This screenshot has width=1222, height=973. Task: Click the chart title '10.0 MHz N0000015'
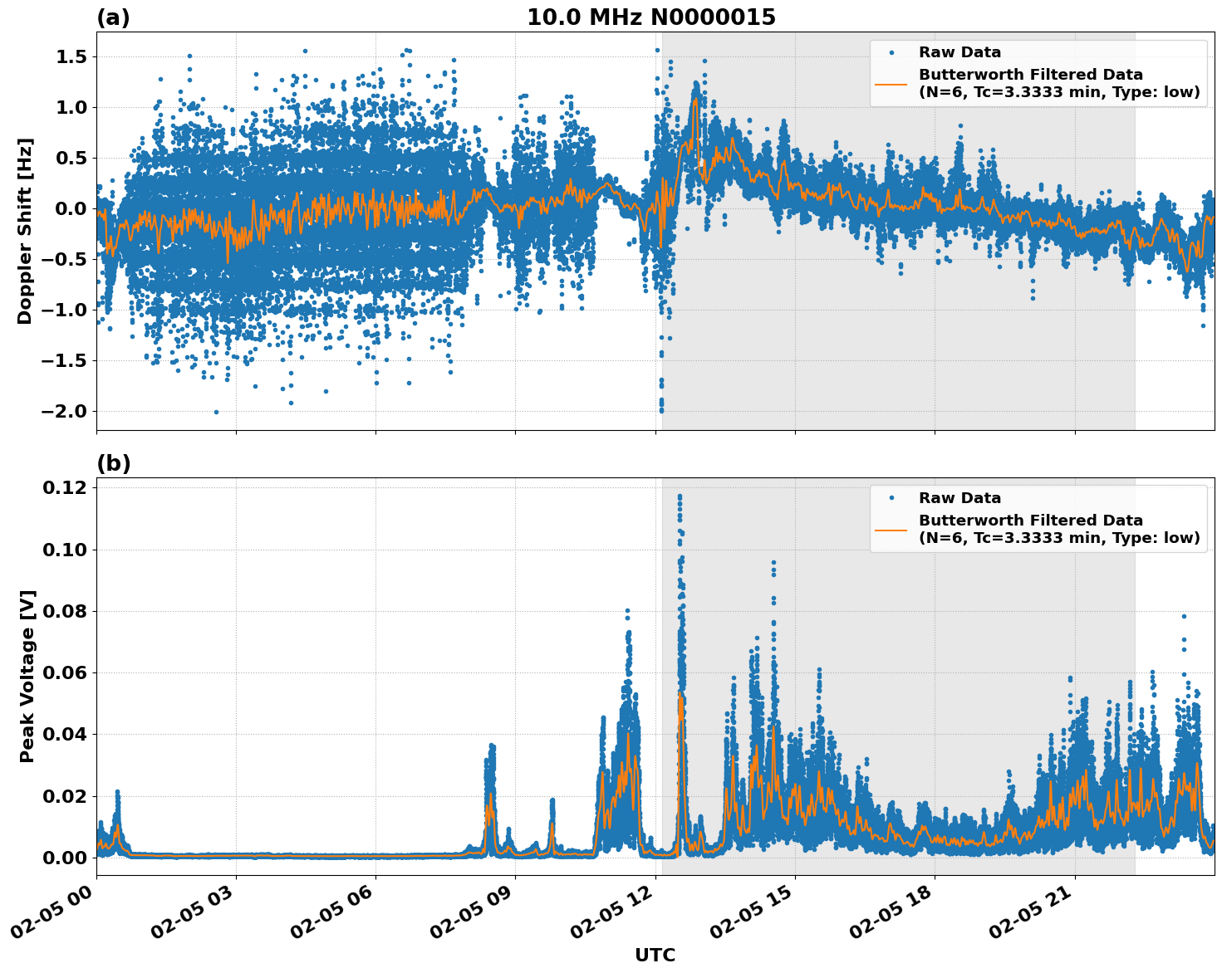(x=650, y=17)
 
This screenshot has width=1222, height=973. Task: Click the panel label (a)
(x=113, y=17)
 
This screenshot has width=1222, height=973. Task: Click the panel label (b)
(x=113, y=463)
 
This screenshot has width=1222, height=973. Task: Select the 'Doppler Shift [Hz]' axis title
(x=25, y=231)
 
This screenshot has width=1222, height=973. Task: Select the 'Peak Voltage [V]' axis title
(x=27, y=676)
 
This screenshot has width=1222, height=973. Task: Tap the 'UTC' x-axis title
(x=655, y=955)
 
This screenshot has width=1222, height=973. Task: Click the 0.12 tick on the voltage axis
(x=64, y=488)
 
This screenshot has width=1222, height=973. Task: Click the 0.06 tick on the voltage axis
(x=64, y=673)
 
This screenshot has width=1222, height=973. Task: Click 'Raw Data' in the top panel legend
(x=959, y=52)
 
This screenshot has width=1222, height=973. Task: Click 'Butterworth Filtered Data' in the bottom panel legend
(x=1030, y=521)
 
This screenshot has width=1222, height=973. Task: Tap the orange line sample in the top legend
(x=891, y=84)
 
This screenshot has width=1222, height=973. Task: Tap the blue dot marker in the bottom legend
(x=891, y=498)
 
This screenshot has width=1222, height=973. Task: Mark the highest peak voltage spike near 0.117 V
(x=680, y=496)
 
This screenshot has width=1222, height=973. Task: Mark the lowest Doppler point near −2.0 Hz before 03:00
(x=216, y=412)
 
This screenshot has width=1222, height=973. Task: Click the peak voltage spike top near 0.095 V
(x=773, y=563)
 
